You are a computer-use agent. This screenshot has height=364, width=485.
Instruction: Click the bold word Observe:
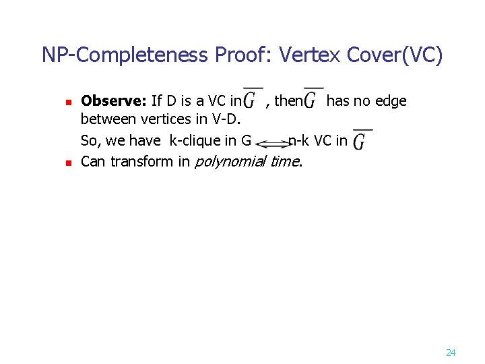tap(114, 101)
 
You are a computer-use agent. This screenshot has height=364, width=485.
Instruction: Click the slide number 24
tap(451, 353)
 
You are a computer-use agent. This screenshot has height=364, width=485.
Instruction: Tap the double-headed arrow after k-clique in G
tap(272, 143)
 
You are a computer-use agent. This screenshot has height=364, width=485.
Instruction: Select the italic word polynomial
tap(230, 162)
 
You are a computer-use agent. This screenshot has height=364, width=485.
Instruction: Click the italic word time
tap(286, 162)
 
